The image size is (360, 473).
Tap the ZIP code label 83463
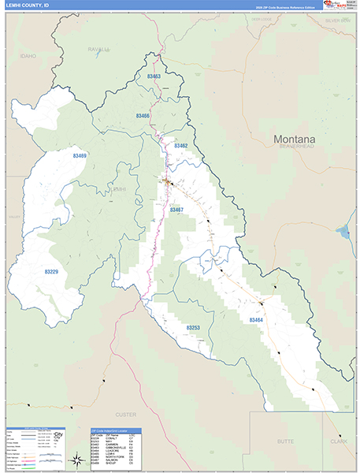tap(154, 76)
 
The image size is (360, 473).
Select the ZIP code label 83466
tap(143, 116)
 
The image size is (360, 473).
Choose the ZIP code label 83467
tap(176, 210)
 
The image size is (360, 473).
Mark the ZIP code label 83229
tap(52, 272)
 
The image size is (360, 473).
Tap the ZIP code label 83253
tap(193, 326)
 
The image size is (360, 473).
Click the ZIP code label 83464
tap(257, 319)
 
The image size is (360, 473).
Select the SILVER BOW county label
tap(338, 21)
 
